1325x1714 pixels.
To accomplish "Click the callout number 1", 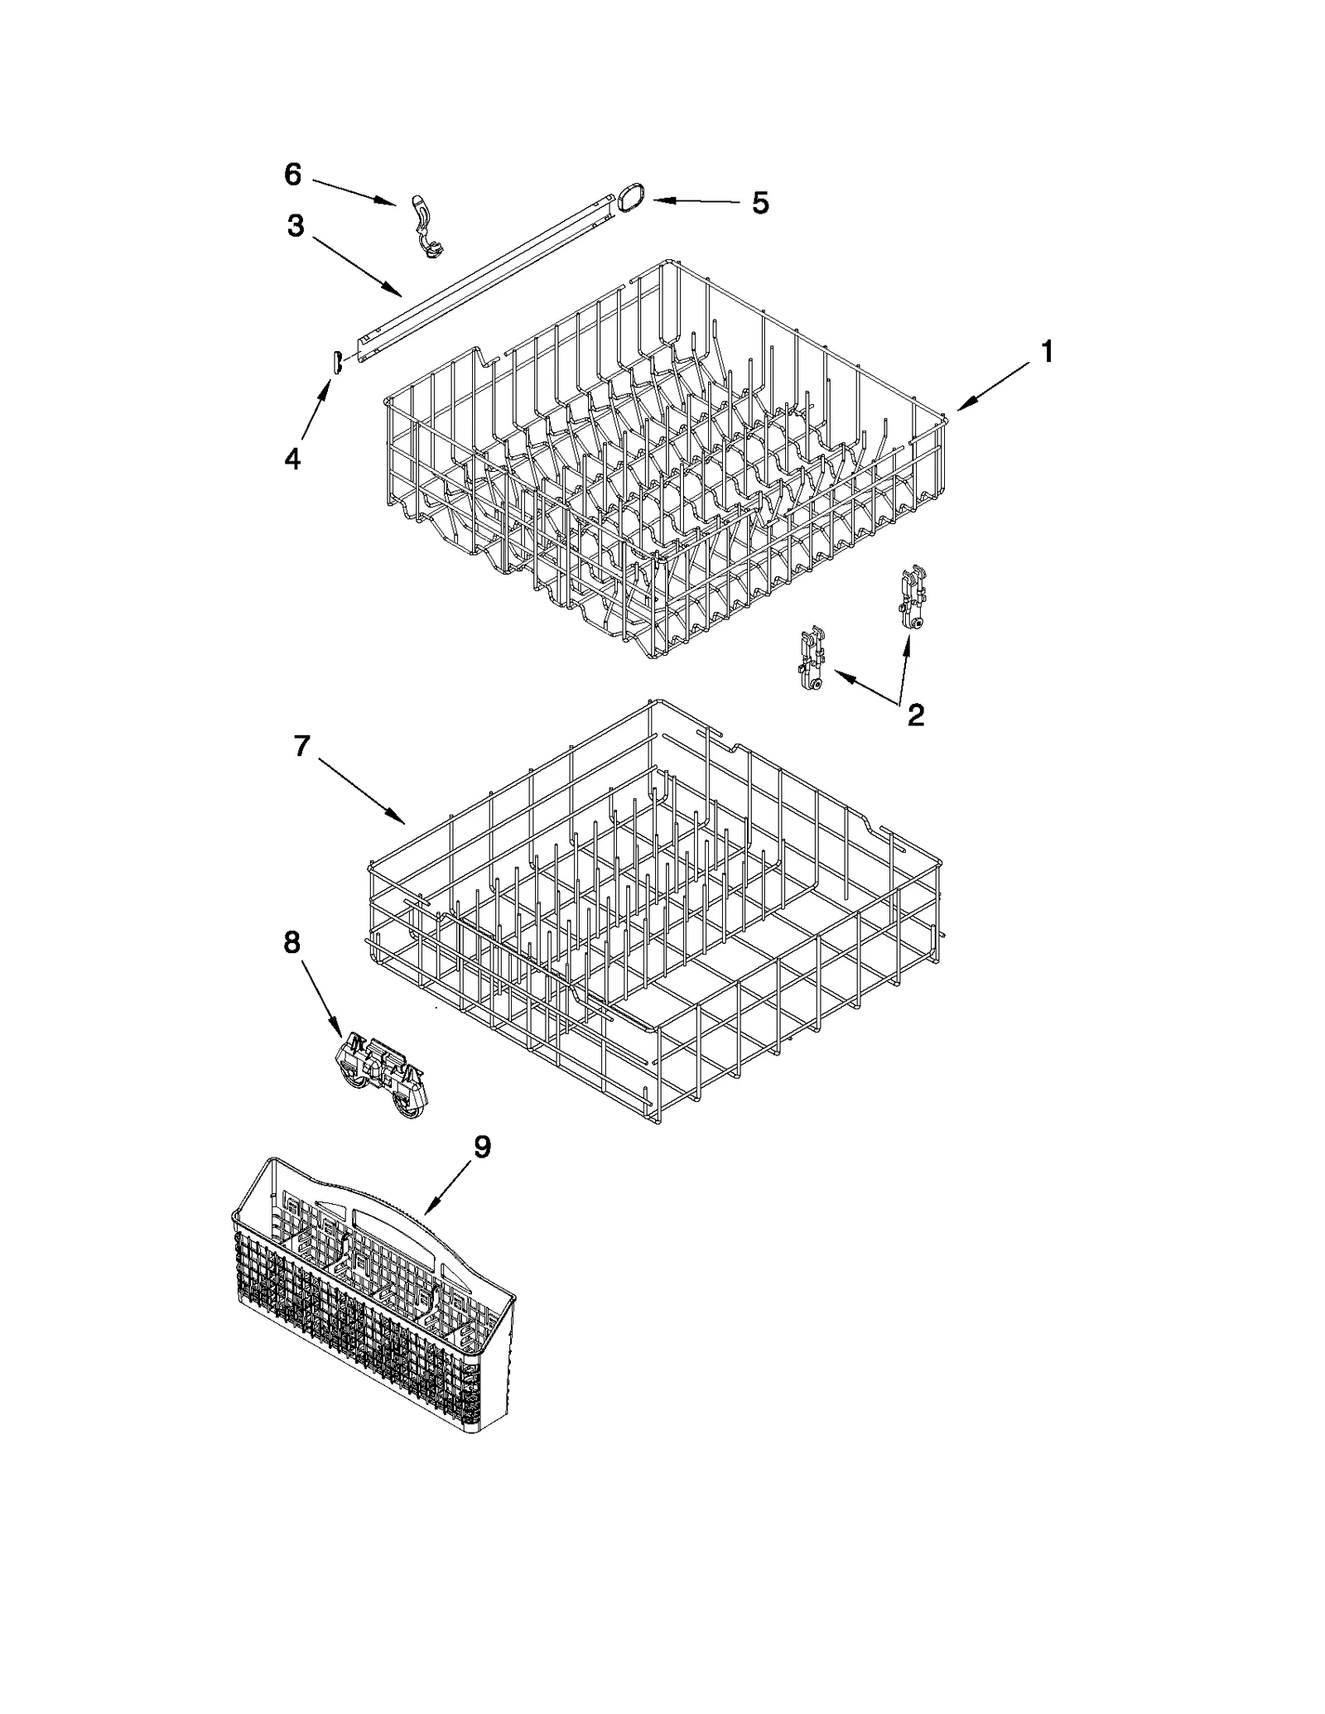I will click(x=1047, y=352).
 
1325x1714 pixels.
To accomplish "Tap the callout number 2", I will click(x=915, y=714).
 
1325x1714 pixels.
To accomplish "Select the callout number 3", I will click(x=296, y=225).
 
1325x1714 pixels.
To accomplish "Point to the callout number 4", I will click(x=292, y=458).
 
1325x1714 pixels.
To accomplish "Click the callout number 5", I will click(x=760, y=202).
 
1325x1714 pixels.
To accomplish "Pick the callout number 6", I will click(x=293, y=174).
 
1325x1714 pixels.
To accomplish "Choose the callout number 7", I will click(x=301, y=746).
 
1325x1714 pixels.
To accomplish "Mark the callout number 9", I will click(x=481, y=1147).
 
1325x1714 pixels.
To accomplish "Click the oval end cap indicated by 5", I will click(x=629, y=200).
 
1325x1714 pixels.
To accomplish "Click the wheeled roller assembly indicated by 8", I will click(x=383, y=1074).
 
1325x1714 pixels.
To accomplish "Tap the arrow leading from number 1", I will click(x=994, y=388).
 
